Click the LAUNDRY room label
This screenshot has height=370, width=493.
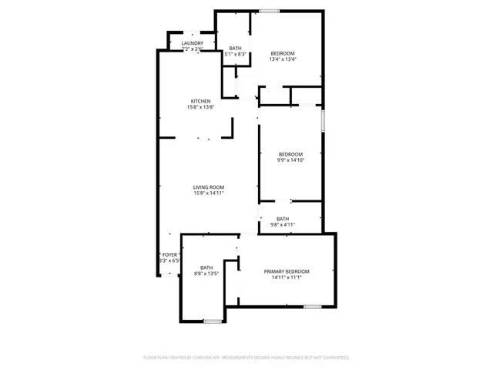click(193, 43)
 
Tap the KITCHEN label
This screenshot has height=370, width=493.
click(202, 101)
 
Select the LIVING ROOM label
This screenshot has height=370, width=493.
click(209, 187)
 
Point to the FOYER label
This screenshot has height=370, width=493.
click(169, 254)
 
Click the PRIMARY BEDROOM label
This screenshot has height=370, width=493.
click(287, 271)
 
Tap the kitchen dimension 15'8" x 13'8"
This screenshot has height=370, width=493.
click(200, 107)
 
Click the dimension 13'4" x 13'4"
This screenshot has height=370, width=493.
click(283, 59)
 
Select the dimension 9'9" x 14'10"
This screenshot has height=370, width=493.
click(290, 160)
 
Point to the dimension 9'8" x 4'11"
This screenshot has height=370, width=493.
click(283, 224)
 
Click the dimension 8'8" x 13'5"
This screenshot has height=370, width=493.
click(206, 274)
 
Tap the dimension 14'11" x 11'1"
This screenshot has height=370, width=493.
click(287, 277)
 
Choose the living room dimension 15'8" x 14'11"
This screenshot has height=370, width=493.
click(209, 193)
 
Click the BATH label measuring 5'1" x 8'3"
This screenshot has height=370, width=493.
click(235, 49)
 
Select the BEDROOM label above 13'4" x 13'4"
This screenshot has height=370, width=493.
click(283, 53)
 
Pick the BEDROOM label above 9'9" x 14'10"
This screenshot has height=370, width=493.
click(290, 153)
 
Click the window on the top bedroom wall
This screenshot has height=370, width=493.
click(269, 11)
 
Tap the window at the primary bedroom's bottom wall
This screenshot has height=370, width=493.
click(312, 306)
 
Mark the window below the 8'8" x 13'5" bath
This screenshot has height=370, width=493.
click(213, 320)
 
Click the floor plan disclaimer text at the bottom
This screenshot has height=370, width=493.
click(246, 358)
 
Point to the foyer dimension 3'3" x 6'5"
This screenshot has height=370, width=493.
click(169, 261)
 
